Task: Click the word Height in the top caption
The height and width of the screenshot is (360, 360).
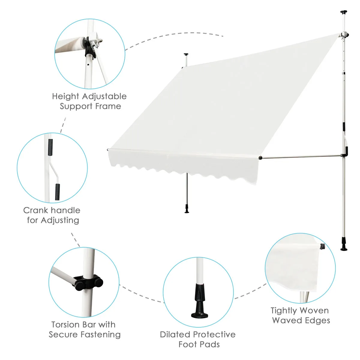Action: (x=66, y=96)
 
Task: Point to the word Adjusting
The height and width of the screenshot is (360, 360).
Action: (x=60, y=220)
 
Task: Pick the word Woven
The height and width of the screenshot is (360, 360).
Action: (x=314, y=310)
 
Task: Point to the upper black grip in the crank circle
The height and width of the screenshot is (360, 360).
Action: (x=50, y=147)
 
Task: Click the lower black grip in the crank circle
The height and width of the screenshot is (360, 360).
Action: (x=57, y=192)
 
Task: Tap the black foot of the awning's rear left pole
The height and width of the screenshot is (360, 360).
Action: (x=187, y=209)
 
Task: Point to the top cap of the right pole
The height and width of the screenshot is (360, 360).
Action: (x=343, y=12)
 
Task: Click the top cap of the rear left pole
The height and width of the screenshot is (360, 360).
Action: (x=186, y=55)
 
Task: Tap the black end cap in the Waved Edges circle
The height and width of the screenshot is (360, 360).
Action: (x=323, y=247)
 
